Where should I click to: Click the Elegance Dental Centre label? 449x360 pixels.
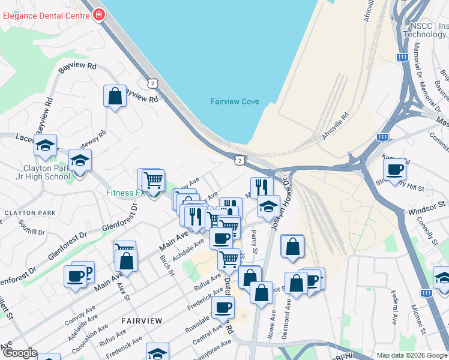(45, 16)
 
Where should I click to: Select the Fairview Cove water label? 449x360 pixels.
(235, 101)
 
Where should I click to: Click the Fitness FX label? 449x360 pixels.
(125, 193)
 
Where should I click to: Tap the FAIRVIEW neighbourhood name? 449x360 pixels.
(141, 321)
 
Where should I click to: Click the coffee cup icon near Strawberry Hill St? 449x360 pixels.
(394, 170)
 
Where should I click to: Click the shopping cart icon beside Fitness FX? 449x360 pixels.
(154, 179)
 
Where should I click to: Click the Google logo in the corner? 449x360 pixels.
(19, 353)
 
